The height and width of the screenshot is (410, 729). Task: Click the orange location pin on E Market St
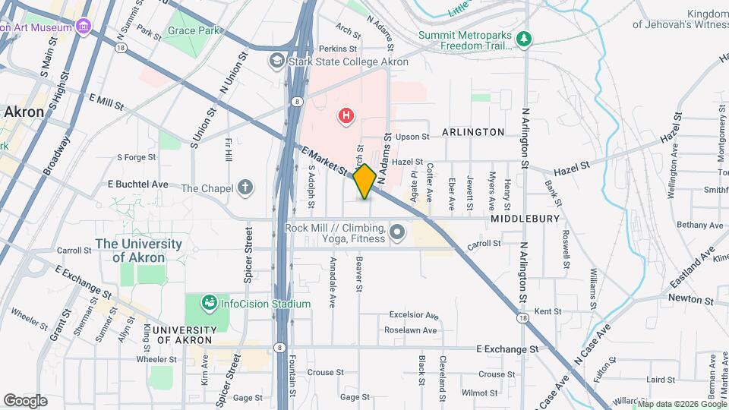pyautogui.click(x=364, y=181)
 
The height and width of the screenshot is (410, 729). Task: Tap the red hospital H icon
pyautogui.click(x=346, y=115)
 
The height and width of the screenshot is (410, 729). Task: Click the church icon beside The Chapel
pyautogui.click(x=245, y=188)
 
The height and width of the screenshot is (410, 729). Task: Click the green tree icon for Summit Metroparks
pyautogui.click(x=522, y=37)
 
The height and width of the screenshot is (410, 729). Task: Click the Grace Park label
pyautogui.click(x=194, y=31)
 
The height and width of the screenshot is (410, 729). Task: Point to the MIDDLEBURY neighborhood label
pyautogui.click(x=525, y=219)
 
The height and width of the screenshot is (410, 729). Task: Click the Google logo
pyautogui.click(x=25, y=400)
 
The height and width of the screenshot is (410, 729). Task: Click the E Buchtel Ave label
pyautogui.click(x=137, y=184)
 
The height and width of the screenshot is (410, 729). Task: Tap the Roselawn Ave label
pyautogui.click(x=411, y=330)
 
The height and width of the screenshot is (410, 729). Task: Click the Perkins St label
pyautogui.click(x=338, y=49)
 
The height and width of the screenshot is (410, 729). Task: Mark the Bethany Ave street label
pyautogui.click(x=700, y=225)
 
